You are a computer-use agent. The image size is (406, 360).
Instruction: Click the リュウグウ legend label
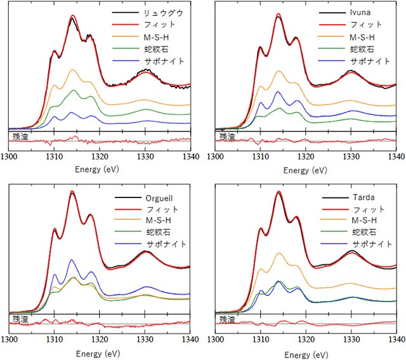pos(164,13)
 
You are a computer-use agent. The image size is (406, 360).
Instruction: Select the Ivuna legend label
pos(360,13)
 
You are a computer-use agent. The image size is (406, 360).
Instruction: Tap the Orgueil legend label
pos(159,198)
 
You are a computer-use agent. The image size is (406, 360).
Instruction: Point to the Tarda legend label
pos(363,197)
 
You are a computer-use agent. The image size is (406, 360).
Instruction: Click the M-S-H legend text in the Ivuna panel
pos(362,37)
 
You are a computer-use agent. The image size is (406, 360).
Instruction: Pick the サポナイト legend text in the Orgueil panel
pos(166,244)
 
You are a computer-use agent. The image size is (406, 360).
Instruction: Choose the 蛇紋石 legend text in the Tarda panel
pos(364,232)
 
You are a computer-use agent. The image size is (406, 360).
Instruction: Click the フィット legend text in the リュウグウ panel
pos(159,25)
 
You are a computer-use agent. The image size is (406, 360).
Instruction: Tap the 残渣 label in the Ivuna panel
pos(227,137)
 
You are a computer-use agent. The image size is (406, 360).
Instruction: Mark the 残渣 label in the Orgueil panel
pos(20,319)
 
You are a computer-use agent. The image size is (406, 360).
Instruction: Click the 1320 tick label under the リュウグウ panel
pos(100,157)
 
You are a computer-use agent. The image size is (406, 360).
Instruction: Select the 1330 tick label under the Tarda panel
pos(351,339)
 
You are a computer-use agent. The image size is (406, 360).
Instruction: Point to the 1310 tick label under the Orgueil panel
pos(55,339)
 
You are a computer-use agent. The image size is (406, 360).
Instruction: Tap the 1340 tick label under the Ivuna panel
pos(396,157)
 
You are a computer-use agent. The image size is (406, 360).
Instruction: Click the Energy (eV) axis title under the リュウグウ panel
pos(97,170)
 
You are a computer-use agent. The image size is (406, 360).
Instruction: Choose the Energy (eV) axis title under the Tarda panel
pos(306,354)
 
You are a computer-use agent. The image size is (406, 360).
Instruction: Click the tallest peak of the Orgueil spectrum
pos(72,192)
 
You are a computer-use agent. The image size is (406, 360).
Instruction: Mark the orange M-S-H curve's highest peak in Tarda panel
pos(279,253)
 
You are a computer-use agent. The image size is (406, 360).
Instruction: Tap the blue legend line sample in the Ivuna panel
pos(332,61)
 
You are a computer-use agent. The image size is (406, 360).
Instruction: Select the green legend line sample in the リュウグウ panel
pos(126,48)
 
